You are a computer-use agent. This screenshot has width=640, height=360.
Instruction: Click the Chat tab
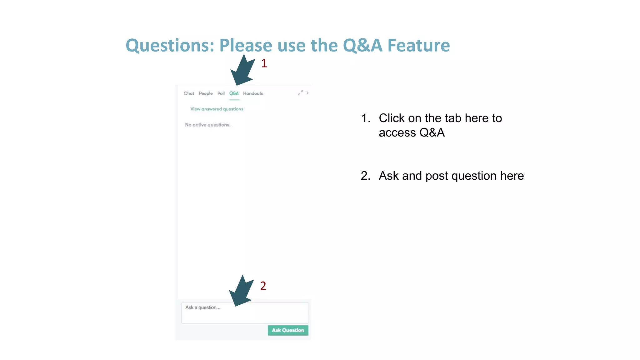(x=189, y=93)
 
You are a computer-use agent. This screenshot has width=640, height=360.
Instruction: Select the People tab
(x=206, y=93)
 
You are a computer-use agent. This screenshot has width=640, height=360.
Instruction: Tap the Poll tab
(x=221, y=93)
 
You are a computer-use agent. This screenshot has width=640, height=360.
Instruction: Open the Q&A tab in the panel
(x=234, y=93)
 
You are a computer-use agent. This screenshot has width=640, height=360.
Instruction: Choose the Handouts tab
(x=253, y=93)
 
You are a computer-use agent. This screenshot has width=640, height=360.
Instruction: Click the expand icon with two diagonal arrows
(x=300, y=93)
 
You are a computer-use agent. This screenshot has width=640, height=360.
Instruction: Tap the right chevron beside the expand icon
(x=307, y=93)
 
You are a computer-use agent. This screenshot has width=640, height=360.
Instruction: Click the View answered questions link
(x=217, y=109)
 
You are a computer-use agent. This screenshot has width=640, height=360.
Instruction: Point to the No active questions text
(x=207, y=125)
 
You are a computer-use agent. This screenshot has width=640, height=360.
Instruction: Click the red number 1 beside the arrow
(x=264, y=63)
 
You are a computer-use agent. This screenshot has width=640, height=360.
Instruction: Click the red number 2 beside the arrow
(x=263, y=286)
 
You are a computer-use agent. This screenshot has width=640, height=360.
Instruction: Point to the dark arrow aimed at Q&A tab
(x=242, y=71)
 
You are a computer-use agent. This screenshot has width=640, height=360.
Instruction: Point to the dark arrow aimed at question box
(x=241, y=292)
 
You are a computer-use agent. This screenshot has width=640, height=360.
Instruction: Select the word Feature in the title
(x=418, y=46)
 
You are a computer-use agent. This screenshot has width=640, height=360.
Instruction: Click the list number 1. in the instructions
(x=366, y=118)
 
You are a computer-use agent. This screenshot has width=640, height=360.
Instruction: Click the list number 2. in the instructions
(x=366, y=176)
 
